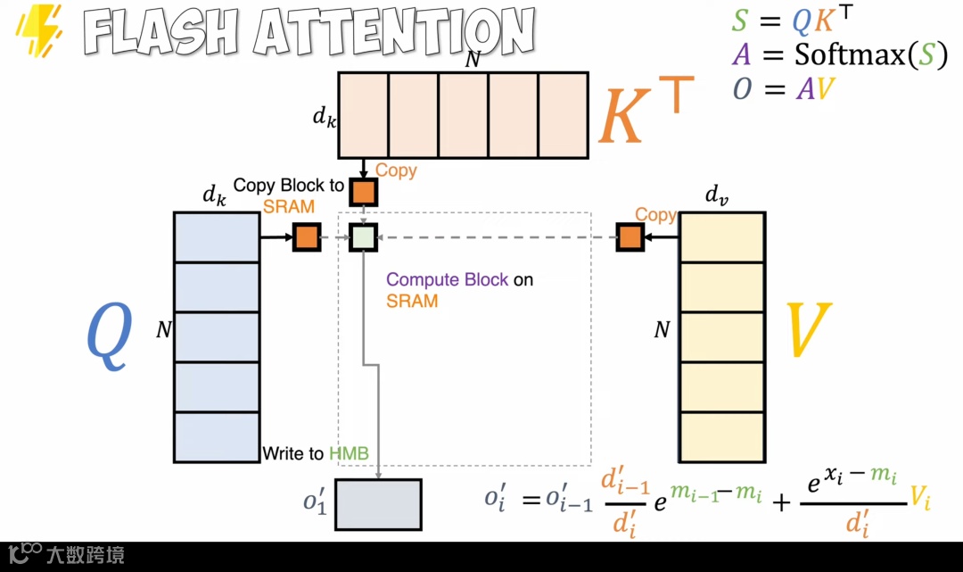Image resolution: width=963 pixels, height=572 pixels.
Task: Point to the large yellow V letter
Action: coord(808,331)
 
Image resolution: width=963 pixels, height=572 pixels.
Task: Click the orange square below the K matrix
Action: coord(363,192)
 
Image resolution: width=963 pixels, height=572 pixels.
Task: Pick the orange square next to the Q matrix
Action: coord(307,237)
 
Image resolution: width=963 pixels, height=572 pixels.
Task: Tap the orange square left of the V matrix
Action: coord(630,237)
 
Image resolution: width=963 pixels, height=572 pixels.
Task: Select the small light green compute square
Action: coord(363,237)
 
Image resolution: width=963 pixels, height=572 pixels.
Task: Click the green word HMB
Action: coord(349,453)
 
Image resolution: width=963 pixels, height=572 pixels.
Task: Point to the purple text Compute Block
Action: coord(447,279)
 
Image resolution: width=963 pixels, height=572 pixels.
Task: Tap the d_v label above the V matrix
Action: coord(716,195)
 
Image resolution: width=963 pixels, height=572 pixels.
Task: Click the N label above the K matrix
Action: coord(473,60)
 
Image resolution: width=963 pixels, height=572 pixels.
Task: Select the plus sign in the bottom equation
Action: coord(781,502)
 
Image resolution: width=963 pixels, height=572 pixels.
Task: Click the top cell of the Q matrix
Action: coord(217,237)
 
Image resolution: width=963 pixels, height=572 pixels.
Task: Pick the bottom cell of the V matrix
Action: coord(722,437)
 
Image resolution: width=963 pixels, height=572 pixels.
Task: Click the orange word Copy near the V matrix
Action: coord(655,215)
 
